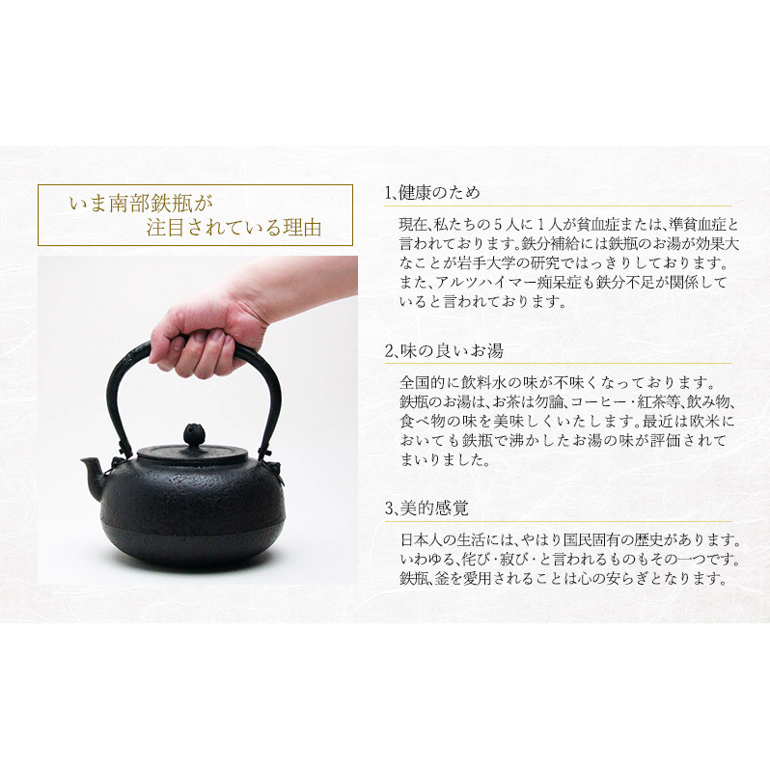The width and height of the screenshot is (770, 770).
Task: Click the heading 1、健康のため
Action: (x=432, y=193)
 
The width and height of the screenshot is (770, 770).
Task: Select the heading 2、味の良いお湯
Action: (x=444, y=351)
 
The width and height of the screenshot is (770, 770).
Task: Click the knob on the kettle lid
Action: (x=193, y=435)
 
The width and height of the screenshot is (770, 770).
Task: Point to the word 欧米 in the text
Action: (x=707, y=422)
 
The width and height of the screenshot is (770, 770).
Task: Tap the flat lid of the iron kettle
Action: (x=193, y=453)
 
